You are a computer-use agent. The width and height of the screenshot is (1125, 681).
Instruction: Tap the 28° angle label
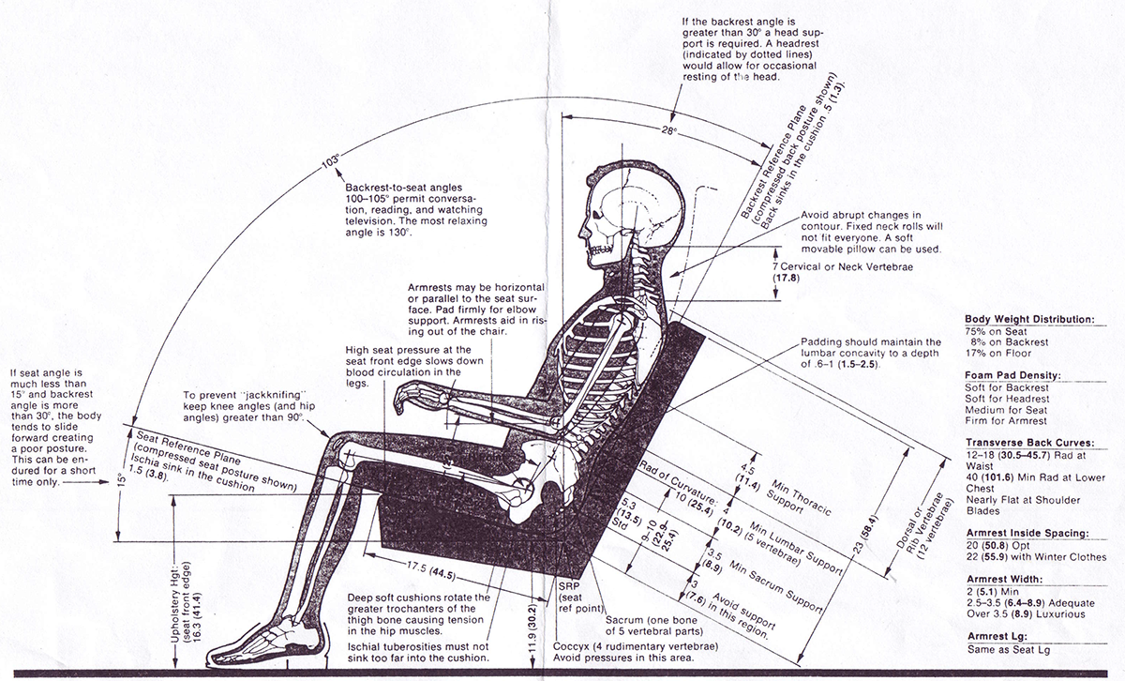667,131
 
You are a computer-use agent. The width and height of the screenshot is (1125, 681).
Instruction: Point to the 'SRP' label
568,585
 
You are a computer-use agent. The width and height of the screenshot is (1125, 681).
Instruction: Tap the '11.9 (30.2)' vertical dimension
532,622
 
